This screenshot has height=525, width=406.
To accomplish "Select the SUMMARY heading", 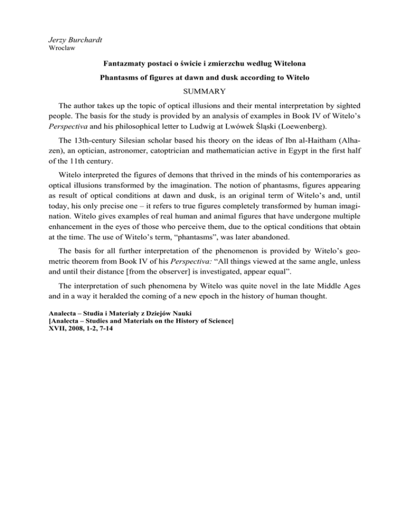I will (202, 98).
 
